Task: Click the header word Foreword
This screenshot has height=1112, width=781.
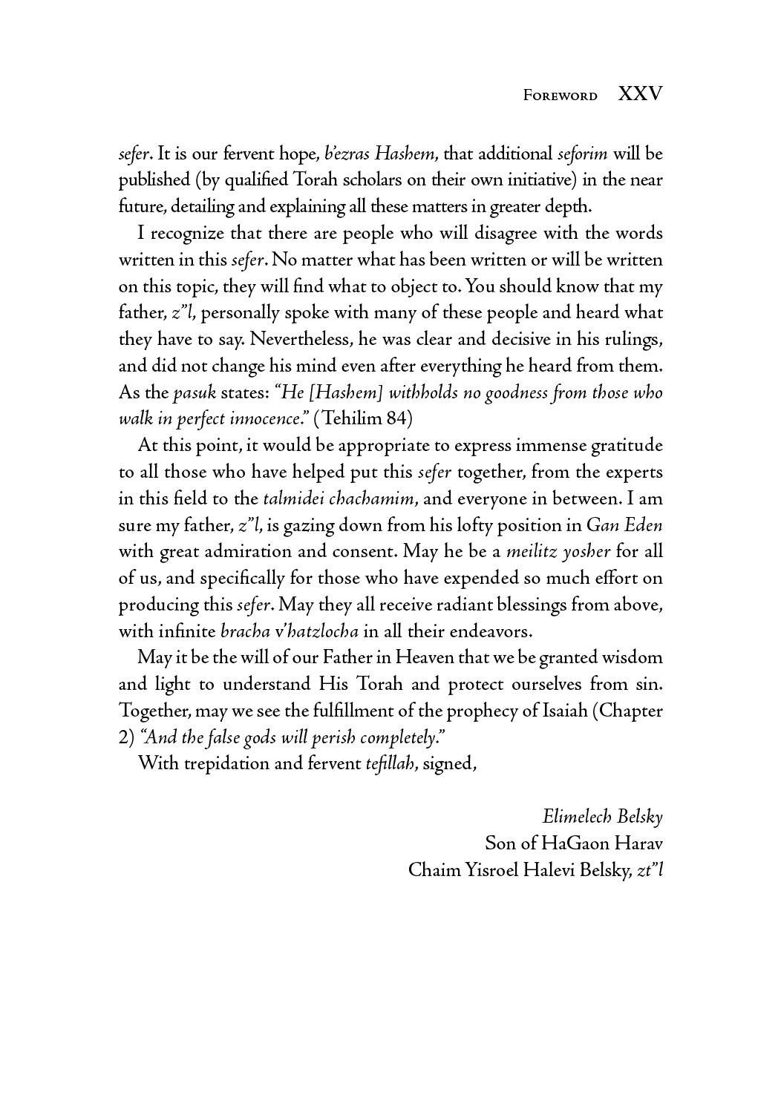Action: [561, 96]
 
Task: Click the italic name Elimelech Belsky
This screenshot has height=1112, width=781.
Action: [602, 817]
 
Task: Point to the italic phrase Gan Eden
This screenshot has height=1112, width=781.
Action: [624, 525]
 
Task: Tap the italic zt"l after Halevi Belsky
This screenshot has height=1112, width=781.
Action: [649, 870]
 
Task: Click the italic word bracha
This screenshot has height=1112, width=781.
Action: [245, 632]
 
